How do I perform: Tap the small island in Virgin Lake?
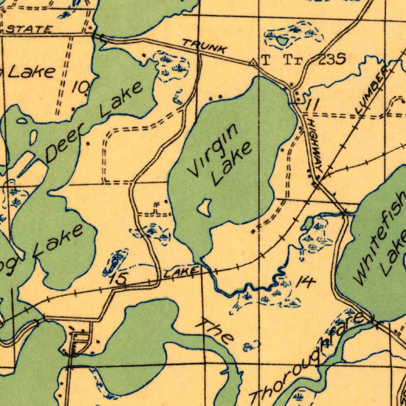[x=204, y=207]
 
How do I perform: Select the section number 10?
[x=81, y=87]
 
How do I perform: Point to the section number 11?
[x=312, y=105]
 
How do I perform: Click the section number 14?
[x=305, y=282]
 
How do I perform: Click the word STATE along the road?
[x=30, y=29]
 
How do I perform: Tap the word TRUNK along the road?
[x=205, y=46]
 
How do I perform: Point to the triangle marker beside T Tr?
[x=253, y=62]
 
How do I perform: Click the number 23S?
[x=332, y=60]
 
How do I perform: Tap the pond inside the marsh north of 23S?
[x=282, y=40]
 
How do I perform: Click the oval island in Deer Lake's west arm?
[x=33, y=137]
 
